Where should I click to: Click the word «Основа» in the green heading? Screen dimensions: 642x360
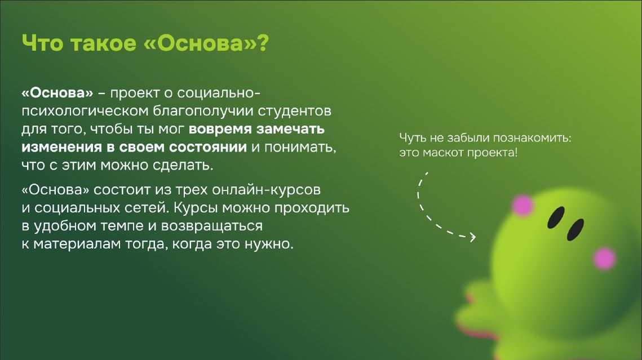click(x=200, y=43)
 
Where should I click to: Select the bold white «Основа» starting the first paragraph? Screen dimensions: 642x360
click(x=57, y=94)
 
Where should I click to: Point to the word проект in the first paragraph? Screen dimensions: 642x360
click(x=135, y=94)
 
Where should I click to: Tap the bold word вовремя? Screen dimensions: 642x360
click(x=220, y=129)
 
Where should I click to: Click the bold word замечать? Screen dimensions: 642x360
click(x=290, y=129)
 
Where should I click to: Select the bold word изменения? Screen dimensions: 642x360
click(x=61, y=147)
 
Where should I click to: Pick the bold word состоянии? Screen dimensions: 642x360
click(x=208, y=147)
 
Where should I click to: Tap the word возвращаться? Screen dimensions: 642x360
click(x=212, y=226)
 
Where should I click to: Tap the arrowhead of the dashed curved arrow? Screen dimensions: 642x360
click(x=472, y=237)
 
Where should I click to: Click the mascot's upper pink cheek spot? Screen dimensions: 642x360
click(x=523, y=206)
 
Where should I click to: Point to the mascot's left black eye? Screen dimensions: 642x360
click(x=556, y=217)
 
